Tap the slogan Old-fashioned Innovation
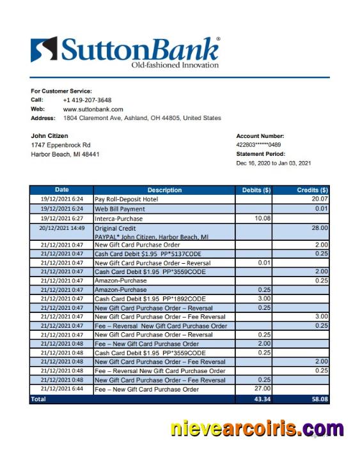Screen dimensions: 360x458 (175, 65)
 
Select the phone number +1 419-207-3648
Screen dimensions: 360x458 (87, 100)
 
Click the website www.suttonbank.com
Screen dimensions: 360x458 (93, 109)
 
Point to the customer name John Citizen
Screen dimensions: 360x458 (49, 136)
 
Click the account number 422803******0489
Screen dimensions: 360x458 (263, 145)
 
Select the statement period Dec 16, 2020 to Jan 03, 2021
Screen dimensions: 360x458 (274, 164)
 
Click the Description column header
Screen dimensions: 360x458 (164, 190)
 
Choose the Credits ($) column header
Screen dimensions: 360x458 (312, 190)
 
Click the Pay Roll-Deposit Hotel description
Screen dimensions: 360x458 (127, 199)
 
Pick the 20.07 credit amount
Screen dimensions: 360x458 (319, 199)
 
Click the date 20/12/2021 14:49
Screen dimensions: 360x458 (62, 227)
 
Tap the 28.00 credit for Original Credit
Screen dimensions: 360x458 (319, 227)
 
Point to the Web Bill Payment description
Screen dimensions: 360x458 (120, 209)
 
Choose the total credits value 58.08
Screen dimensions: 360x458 (318, 399)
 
